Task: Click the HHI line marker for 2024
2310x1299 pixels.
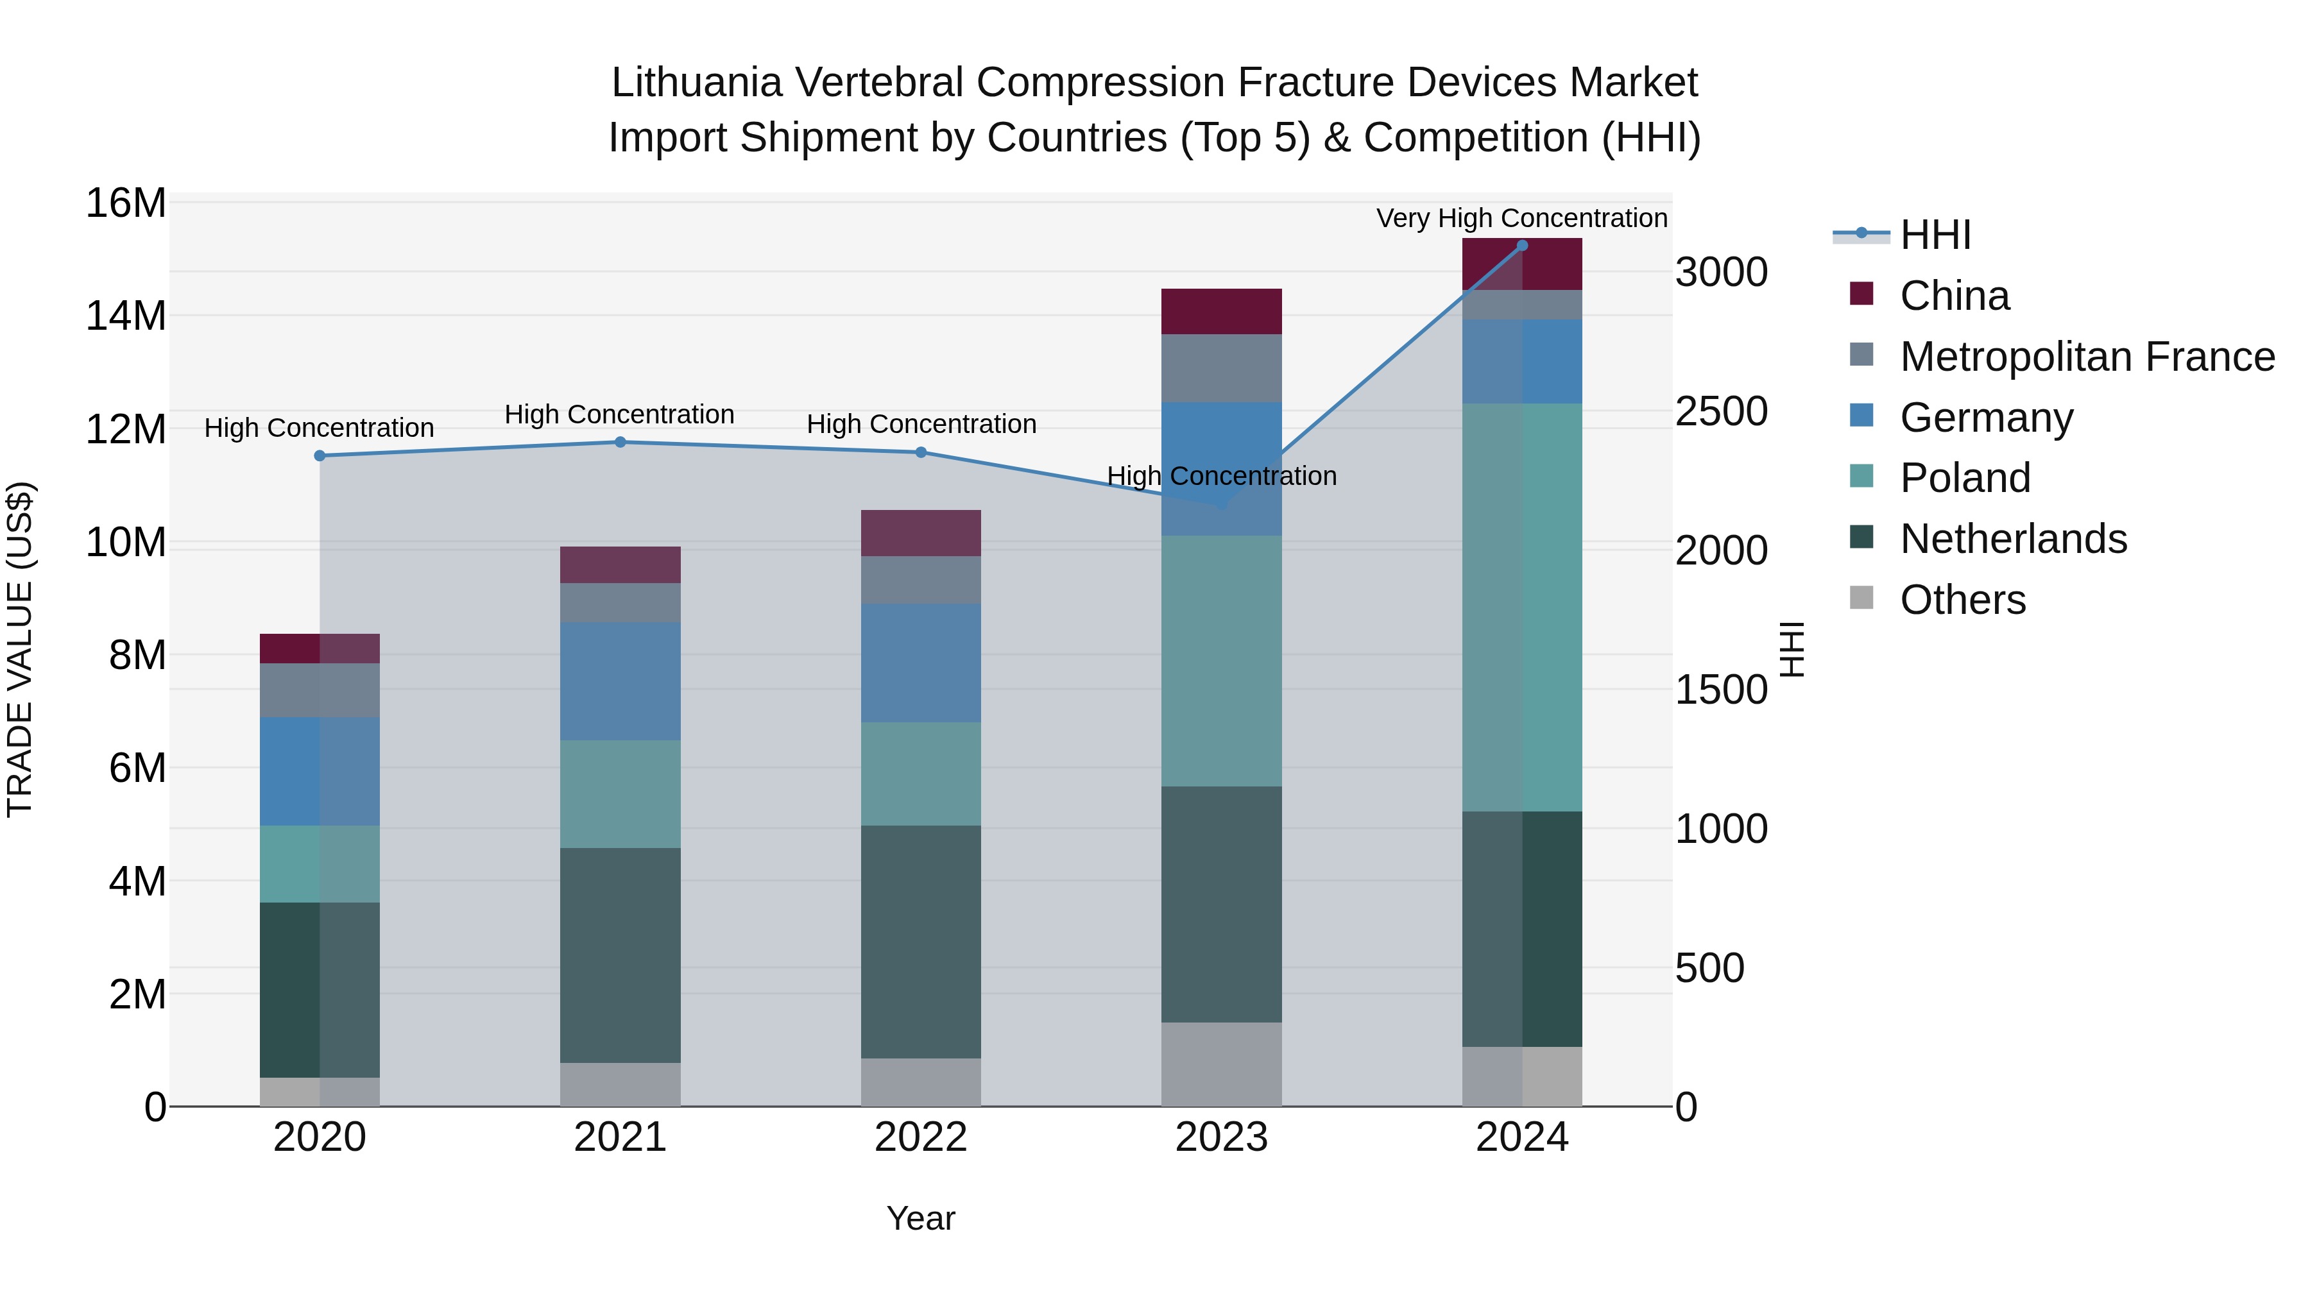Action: (1522, 246)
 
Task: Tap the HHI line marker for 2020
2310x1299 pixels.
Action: (320, 455)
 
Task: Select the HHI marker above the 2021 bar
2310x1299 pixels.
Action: (620, 442)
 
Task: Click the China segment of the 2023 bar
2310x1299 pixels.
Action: (1221, 311)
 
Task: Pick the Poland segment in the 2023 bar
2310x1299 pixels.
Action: (1221, 661)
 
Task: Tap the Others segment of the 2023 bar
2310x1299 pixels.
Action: (1221, 1064)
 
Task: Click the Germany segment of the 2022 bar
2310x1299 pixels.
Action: (921, 663)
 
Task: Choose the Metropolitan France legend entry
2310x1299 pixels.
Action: (2086, 357)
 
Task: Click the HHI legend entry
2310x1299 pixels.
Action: (1935, 235)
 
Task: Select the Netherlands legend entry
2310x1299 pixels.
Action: (2012, 539)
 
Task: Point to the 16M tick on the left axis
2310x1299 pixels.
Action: (126, 203)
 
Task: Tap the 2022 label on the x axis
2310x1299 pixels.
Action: (921, 1137)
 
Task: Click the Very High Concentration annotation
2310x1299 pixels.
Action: (1522, 218)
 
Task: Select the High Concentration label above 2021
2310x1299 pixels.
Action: (620, 414)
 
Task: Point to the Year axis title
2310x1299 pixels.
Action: (921, 1218)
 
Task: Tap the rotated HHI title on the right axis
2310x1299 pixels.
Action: (1791, 649)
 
